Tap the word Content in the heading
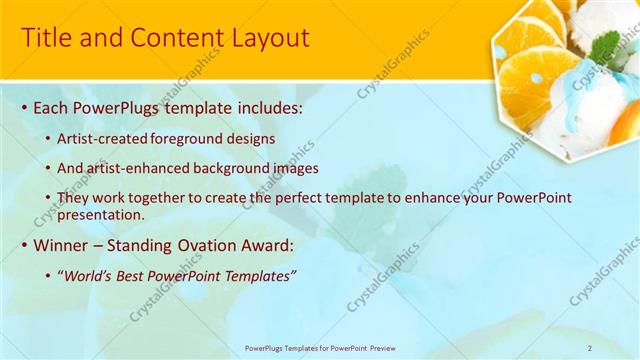coord(171,38)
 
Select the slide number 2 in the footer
coord(590,347)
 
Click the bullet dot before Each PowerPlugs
coord(24,106)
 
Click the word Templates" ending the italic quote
coord(260,274)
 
